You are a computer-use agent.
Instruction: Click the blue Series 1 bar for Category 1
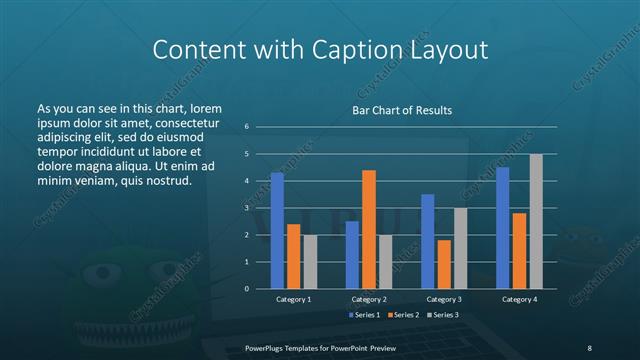[x=277, y=230]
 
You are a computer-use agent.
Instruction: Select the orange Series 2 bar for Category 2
[x=369, y=229]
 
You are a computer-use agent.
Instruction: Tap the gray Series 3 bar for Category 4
[x=536, y=221]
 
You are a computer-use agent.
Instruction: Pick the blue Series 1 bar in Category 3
[x=428, y=241]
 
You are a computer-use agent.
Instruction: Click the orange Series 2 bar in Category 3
[x=444, y=264]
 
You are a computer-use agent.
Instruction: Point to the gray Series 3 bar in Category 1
[x=310, y=261]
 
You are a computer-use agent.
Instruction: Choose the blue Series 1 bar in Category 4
[x=503, y=227]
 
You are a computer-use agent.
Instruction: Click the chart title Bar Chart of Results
[x=401, y=109]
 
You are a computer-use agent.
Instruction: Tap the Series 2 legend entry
[x=404, y=315]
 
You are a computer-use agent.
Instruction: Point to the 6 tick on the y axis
[x=246, y=127]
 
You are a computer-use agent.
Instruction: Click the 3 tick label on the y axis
[x=246, y=208]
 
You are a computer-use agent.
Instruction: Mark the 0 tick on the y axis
[x=246, y=289]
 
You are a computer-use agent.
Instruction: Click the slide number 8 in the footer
[x=589, y=346]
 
